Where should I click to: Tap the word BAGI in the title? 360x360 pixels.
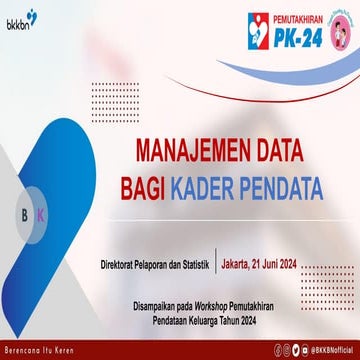[144, 187]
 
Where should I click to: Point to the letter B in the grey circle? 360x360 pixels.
[24, 215]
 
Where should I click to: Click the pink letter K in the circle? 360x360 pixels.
[41, 215]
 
